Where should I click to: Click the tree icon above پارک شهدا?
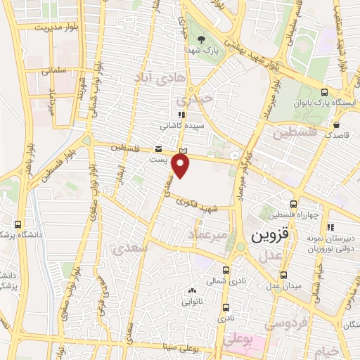(x=202, y=40)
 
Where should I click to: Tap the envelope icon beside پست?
(x=158, y=149)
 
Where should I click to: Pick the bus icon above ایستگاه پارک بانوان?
(x=324, y=92)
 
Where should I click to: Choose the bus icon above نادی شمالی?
(x=226, y=269)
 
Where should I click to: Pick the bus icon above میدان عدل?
(x=283, y=275)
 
